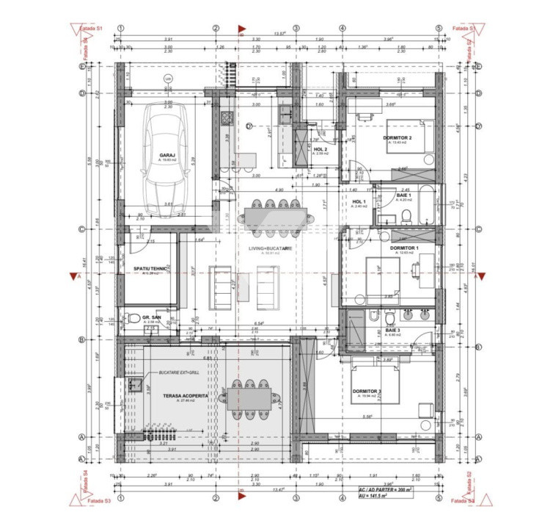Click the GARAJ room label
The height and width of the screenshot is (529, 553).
(x=166, y=155)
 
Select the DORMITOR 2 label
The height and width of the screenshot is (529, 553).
(x=397, y=138)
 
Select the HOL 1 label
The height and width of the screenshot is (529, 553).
(x=358, y=201)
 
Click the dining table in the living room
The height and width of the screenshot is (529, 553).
(x=268, y=216)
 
